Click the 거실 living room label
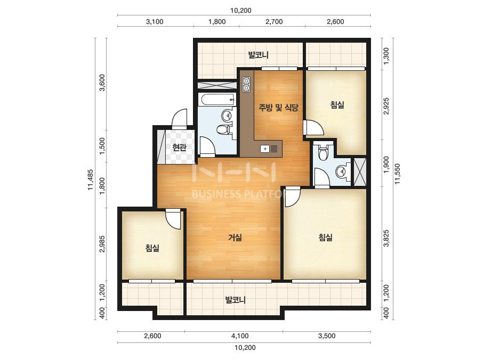click(235, 238)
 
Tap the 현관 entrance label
click(180, 148)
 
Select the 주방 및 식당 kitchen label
click(278, 108)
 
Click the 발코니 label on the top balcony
click(258, 55)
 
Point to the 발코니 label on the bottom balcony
click(235, 300)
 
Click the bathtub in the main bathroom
click(217, 100)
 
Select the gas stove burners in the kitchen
click(246, 84)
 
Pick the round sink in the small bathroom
click(341, 171)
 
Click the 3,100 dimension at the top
click(155, 22)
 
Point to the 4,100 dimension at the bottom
click(240, 336)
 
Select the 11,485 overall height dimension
click(91, 179)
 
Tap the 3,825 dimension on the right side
click(386, 239)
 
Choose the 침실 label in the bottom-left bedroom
click(152, 248)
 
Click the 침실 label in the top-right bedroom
click(337, 105)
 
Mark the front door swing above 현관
click(180, 118)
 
